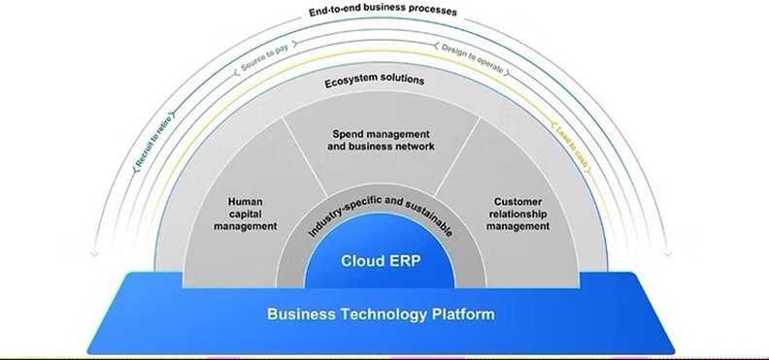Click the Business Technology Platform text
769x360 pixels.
(x=380, y=314)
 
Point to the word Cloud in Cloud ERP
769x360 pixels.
(x=361, y=261)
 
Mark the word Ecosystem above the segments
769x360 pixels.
(x=351, y=82)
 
